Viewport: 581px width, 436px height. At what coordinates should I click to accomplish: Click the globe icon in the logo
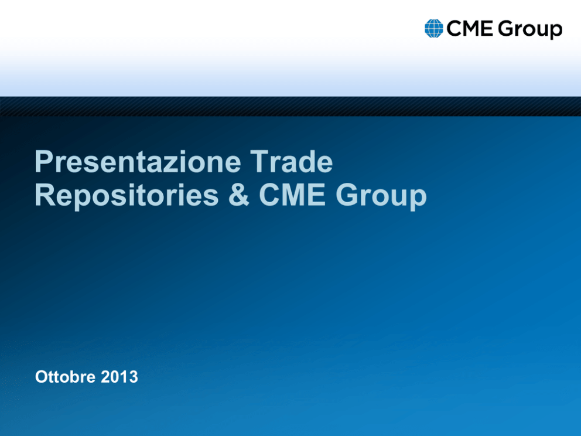pos(434,29)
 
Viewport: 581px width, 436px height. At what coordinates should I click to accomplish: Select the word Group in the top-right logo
pos(530,30)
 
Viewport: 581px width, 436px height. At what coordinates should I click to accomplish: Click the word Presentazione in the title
pos(138,162)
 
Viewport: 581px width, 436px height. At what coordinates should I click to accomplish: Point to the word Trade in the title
pos(291,162)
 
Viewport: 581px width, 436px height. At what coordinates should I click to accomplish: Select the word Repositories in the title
pos(127,196)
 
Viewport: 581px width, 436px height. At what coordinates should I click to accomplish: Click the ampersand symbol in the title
pos(239,195)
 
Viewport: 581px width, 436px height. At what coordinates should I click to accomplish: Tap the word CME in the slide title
pos(292,195)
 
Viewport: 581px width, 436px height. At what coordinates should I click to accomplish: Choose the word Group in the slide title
pos(381,196)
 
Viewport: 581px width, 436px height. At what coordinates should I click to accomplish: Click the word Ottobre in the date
pos(66,377)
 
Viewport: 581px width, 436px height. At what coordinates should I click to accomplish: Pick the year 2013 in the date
pos(119,377)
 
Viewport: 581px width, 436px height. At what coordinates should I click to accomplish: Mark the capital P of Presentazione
pos(44,162)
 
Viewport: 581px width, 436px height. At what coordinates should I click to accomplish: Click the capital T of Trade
pos(259,162)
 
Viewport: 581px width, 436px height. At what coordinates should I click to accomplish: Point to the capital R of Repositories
pos(45,195)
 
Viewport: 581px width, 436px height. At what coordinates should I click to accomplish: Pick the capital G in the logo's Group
pos(506,29)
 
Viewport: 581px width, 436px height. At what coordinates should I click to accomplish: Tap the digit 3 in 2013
pos(134,377)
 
